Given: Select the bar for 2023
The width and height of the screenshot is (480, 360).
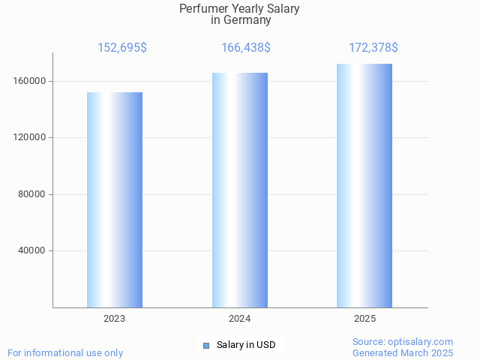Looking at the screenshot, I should pos(115,199).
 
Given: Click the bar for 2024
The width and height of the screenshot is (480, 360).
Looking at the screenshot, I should pos(240,190).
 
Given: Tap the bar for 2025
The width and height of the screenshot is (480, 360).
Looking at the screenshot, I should pos(364,185).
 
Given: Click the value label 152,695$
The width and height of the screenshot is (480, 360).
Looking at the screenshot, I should pos(122,48).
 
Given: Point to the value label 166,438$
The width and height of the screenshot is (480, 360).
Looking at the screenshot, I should pos(246,48).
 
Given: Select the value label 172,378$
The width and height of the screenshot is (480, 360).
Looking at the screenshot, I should pos(373,48).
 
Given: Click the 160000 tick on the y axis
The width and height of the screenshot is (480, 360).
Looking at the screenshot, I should pos(30,81).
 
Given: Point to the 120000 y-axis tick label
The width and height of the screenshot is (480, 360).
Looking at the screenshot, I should pos(30,138).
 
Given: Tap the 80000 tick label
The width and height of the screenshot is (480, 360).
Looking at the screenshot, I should pos(33,194).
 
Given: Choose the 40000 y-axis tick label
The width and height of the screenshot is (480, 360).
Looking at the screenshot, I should pos(33,250).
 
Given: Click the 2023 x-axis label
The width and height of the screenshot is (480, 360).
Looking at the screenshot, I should pos(115,319).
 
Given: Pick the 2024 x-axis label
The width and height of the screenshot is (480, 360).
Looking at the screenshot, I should pos(240,319).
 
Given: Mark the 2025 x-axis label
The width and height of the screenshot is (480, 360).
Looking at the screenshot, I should pos(364,319).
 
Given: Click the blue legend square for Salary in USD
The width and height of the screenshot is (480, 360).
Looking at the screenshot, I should pos(206,346).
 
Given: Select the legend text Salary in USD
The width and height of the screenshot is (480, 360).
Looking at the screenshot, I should pos(246,345).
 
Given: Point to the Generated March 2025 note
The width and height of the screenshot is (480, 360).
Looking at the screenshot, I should pos(403,352).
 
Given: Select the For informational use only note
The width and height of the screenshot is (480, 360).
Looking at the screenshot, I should pos(65,352).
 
